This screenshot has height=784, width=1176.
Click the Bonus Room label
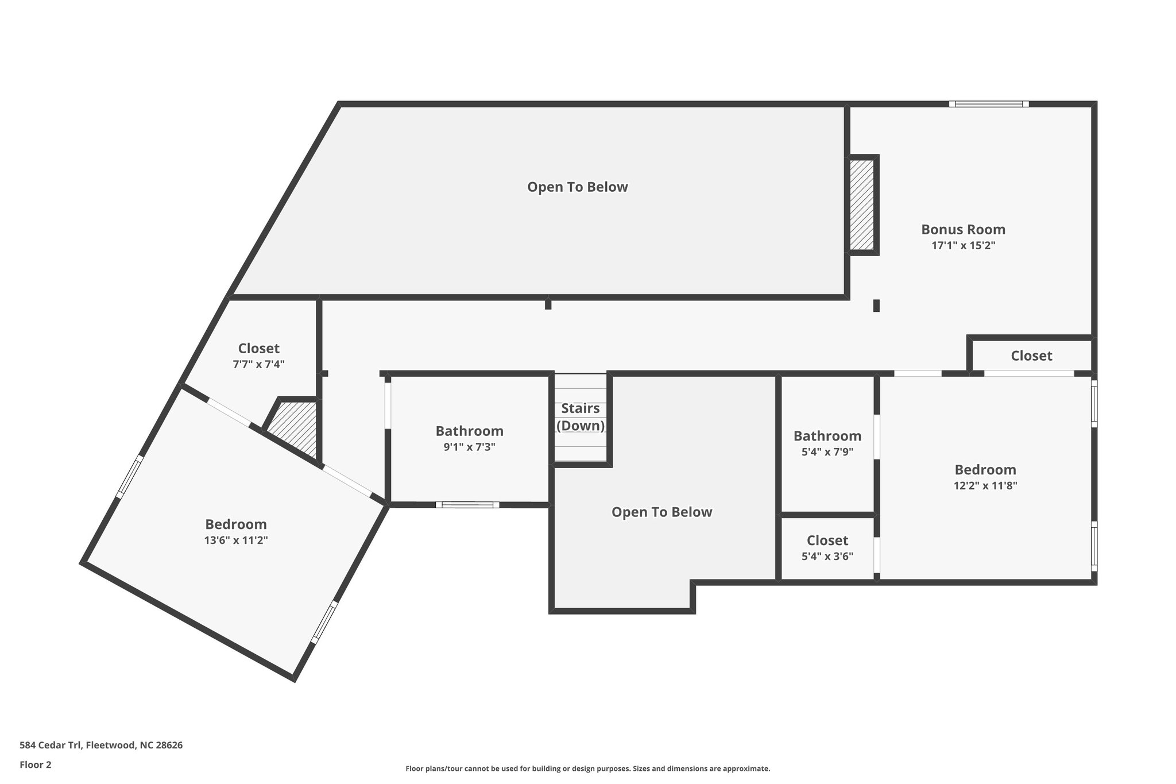[x=963, y=230]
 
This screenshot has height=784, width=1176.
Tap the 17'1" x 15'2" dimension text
[x=963, y=245]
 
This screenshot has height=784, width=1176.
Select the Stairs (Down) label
[x=580, y=417]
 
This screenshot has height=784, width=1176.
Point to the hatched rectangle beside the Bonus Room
[x=861, y=204]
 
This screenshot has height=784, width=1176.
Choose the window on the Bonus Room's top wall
[x=988, y=105]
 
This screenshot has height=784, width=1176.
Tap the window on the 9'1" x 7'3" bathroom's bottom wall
[x=467, y=505]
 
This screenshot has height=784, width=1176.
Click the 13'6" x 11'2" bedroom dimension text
[x=236, y=540]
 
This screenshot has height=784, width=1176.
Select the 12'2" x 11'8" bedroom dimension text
[x=985, y=485]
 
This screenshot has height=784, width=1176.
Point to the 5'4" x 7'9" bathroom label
[x=827, y=437]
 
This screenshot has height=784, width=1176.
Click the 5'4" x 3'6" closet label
[x=827, y=541]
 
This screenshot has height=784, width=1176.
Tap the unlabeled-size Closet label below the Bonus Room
[x=1031, y=356]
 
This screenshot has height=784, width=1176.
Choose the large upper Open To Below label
[x=577, y=187]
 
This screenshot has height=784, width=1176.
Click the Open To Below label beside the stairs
[x=661, y=512]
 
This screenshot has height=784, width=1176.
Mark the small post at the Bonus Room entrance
[x=876, y=306]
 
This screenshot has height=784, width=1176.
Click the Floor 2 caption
[x=36, y=764]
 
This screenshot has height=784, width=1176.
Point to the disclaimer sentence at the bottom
[x=587, y=768]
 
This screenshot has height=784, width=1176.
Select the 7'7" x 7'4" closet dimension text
[x=258, y=364]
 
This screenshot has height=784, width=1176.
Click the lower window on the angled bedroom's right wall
[x=324, y=622]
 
